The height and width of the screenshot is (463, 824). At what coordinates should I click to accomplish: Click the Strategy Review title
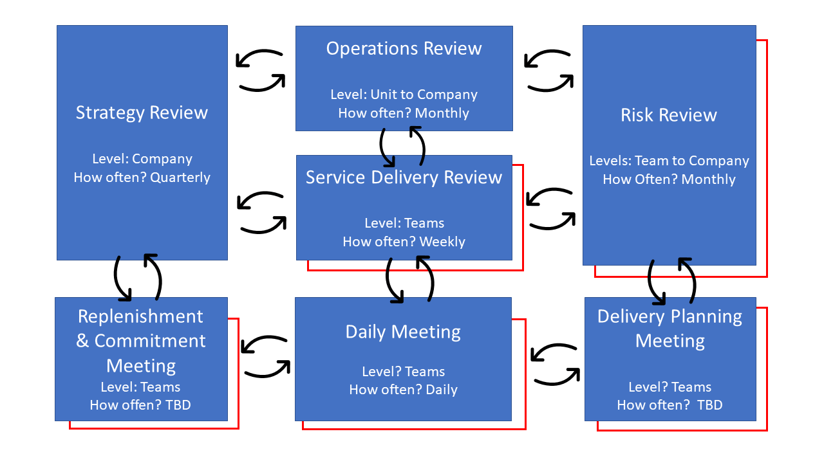(x=142, y=113)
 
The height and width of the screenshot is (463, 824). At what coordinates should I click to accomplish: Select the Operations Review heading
(x=404, y=48)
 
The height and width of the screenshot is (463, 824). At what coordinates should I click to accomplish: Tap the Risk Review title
(x=669, y=115)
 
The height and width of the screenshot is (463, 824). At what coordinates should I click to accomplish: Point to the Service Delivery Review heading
(x=404, y=177)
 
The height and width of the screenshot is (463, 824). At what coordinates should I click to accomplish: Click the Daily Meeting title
(x=403, y=332)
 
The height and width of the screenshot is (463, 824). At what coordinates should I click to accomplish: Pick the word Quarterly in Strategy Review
(x=180, y=177)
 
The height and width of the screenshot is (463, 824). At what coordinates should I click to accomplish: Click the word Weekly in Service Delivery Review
(x=442, y=242)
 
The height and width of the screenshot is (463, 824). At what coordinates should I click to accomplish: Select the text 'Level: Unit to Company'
(x=404, y=95)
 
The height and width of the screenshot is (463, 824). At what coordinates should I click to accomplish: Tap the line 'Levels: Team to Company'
(x=669, y=161)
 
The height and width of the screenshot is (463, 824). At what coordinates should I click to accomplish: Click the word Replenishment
(x=140, y=316)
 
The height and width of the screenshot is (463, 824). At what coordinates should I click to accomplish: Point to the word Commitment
(x=150, y=341)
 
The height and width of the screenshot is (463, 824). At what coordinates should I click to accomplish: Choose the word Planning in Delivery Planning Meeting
(x=706, y=317)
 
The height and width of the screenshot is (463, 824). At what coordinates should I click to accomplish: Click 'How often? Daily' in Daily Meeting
(x=403, y=390)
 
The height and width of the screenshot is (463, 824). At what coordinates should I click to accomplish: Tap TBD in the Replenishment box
(x=178, y=405)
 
